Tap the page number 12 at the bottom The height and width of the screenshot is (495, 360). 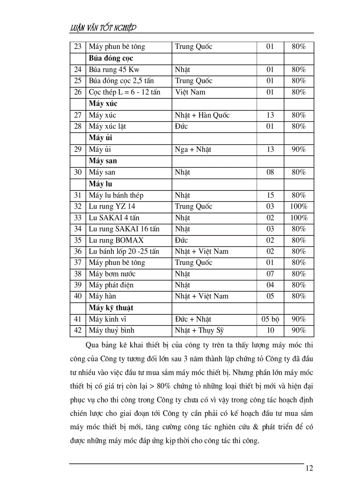309,468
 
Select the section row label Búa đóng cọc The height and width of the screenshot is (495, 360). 111,58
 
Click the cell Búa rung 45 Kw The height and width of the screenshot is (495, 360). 114,70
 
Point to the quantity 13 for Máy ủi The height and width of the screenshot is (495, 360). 270,149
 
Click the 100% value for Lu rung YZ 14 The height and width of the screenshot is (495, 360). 299,206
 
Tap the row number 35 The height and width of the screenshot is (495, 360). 78,240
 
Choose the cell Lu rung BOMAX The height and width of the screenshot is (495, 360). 116,240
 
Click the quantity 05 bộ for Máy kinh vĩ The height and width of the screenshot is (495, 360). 270,319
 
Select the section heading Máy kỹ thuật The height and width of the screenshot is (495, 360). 111,308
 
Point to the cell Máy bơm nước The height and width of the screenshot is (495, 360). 112,274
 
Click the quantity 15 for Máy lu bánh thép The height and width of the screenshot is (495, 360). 270,195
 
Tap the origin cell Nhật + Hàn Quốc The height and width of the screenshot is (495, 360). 202,115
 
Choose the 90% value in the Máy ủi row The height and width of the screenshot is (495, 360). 299,149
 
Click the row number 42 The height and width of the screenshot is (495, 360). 78,330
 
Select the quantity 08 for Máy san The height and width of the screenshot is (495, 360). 270,172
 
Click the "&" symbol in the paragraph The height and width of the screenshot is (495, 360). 252,427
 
